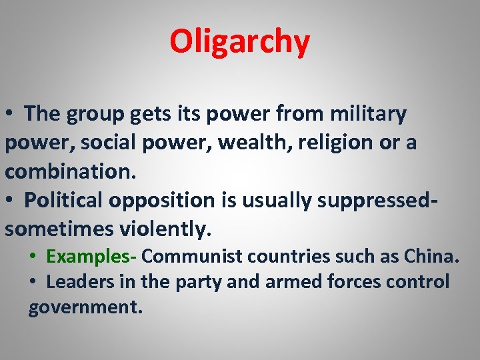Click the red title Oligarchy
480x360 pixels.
(x=239, y=41)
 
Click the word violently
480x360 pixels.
(x=165, y=229)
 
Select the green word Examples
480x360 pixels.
(x=89, y=256)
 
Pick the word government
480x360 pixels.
(x=85, y=309)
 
